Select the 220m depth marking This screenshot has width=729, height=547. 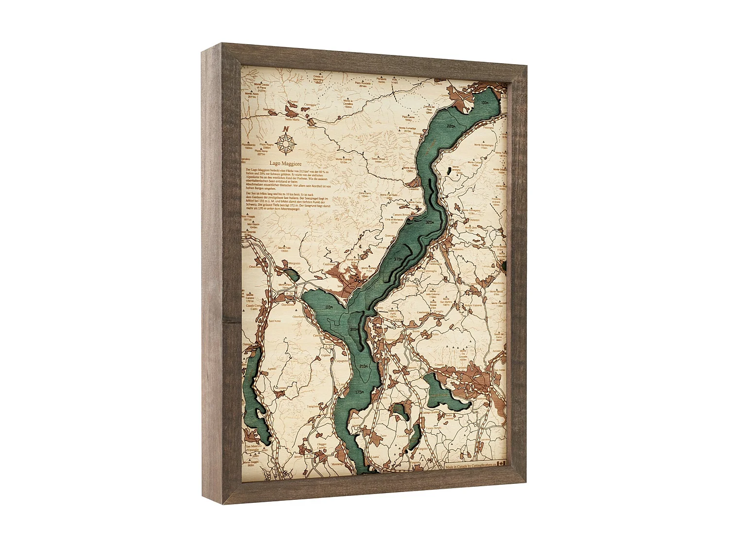[451, 126]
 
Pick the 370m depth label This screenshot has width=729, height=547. [399, 259]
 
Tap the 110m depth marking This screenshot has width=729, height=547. [330, 307]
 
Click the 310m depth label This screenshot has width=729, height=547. [354, 329]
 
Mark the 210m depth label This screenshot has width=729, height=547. [364, 366]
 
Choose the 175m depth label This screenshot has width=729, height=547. [359, 391]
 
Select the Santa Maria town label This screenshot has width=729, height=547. [292, 119]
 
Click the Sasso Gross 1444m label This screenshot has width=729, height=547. [379, 159]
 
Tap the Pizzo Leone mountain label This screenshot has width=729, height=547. [409, 118]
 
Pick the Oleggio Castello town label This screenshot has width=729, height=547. [322, 446]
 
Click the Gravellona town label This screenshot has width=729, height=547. [288, 304]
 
